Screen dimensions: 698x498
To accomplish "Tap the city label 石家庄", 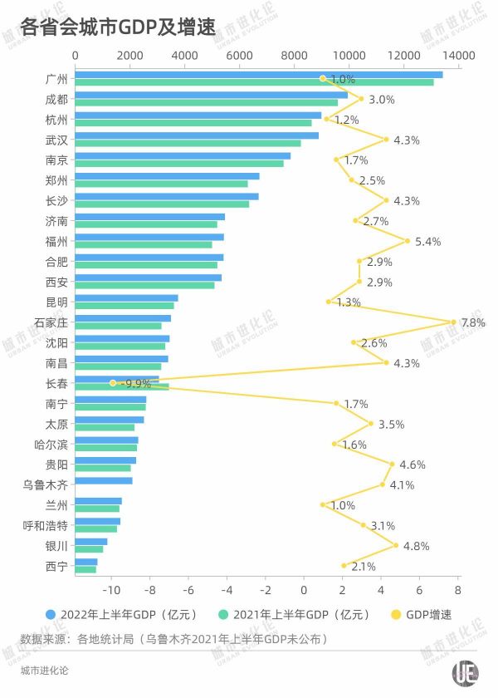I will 51,322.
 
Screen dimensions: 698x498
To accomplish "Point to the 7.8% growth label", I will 473,322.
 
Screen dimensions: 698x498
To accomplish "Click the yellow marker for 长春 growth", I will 113,383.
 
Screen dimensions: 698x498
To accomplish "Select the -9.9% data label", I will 135,384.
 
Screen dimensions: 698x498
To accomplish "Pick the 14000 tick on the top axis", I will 458,55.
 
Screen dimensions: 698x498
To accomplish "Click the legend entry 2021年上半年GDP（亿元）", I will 299,615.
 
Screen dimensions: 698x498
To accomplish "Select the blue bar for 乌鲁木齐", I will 104,481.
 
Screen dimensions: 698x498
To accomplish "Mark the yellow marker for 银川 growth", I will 395,546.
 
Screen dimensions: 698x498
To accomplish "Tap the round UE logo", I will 465,671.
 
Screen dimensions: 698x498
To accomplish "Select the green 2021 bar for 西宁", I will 85,569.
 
